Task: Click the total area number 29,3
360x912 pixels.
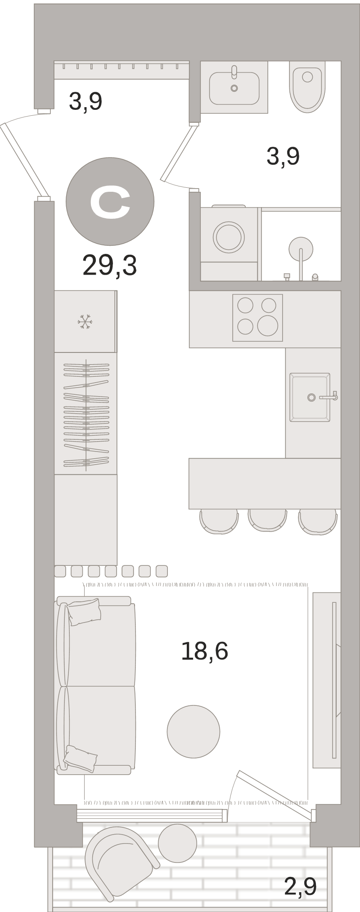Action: pos(109,266)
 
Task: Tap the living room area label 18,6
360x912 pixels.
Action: pos(204,651)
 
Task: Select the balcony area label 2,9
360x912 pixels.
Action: pos(300,887)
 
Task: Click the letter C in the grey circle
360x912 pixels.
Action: pos(110,204)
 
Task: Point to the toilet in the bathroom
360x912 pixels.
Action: pos(307,87)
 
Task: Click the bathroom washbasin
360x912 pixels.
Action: pos(234,87)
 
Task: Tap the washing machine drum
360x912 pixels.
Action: pos(229,237)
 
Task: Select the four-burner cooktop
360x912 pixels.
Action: pos(257,318)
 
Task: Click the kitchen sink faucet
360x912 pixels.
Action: pos(328,397)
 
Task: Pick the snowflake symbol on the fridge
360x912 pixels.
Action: pos(85,322)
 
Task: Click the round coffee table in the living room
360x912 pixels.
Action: pos(193,731)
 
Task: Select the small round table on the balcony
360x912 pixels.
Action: pos(177,843)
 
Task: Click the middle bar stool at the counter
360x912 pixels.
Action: pos(267,520)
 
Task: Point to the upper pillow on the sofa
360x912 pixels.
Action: pos(84,611)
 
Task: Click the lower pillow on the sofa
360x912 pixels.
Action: pos(80,759)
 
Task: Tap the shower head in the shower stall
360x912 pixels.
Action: pos(301,249)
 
